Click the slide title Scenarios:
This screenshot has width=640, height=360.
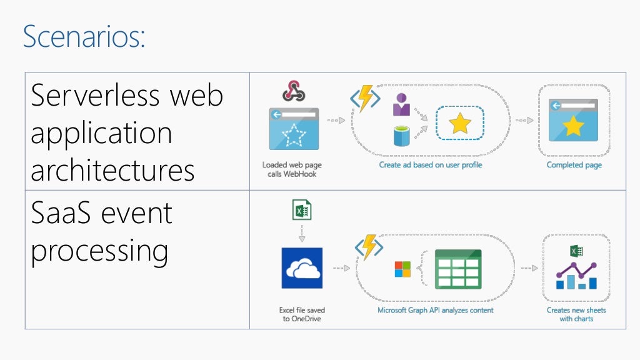pyautogui.click(x=84, y=36)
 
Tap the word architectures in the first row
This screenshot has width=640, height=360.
pyautogui.click(x=112, y=170)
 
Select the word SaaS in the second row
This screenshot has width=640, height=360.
pyautogui.click(x=57, y=213)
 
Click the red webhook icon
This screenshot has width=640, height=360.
pyautogui.click(x=293, y=91)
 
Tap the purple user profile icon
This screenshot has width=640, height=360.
pyautogui.click(x=401, y=105)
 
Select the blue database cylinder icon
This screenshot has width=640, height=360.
pyautogui.click(x=401, y=136)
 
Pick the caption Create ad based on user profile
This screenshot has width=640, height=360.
pyautogui.click(x=431, y=165)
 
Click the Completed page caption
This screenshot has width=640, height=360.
pyautogui.click(x=574, y=165)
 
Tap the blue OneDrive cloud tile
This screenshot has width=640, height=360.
pyautogui.click(x=302, y=268)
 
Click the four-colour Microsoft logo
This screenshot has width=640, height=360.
pyautogui.click(x=402, y=269)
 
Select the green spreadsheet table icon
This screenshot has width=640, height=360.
pyautogui.click(x=458, y=269)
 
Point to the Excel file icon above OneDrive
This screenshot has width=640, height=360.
pyautogui.click(x=302, y=210)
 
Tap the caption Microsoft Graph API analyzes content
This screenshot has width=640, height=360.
pyautogui.click(x=435, y=310)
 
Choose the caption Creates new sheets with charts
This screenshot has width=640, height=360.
pyautogui.click(x=576, y=314)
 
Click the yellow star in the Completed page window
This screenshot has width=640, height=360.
pyautogui.click(x=573, y=126)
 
